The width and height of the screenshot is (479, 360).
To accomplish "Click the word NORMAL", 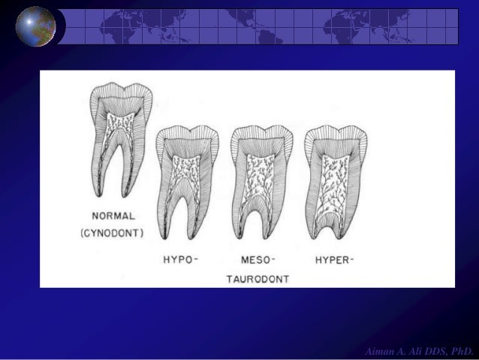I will coord(113,216).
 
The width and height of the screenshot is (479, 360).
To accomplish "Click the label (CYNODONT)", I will coord(113,234).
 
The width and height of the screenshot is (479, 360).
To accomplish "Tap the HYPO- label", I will coord(181,260).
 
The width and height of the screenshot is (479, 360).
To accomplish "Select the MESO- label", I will coord(258,260).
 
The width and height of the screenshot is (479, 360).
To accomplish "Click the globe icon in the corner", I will coord(35,26).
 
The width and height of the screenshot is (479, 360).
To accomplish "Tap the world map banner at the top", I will coord(260,27).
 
